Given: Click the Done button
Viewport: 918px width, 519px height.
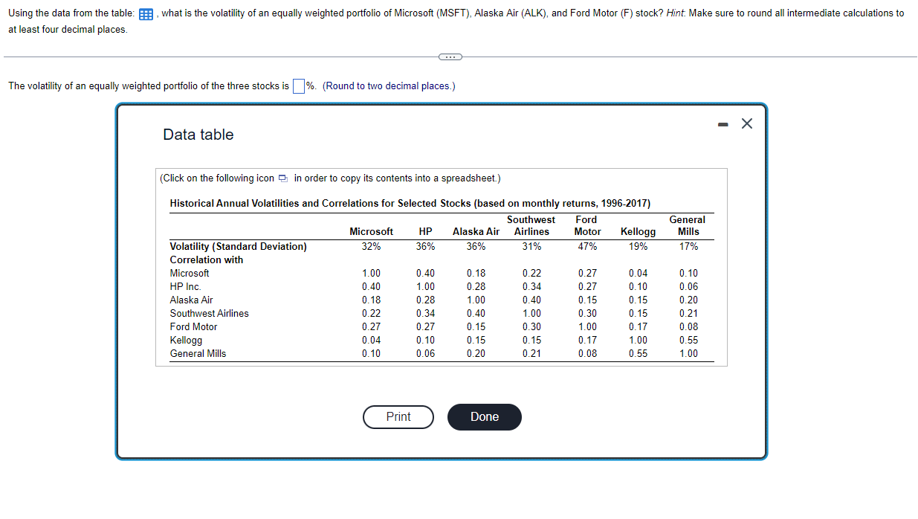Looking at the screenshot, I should pyautogui.click(x=484, y=417).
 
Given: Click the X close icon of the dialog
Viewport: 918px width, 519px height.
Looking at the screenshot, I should pyautogui.click(x=747, y=124).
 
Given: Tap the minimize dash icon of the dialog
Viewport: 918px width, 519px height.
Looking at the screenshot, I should pyautogui.click(x=723, y=124).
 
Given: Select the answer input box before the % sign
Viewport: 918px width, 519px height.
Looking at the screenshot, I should pyautogui.click(x=298, y=86).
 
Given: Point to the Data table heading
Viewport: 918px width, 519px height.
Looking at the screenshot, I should pyautogui.click(x=198, y=135).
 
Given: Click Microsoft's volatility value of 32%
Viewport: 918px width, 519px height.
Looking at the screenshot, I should pyautogui.click(x=371, y=246).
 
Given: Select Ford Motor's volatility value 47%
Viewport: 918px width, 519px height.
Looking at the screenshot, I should pyautogui.click(x=586, y=246).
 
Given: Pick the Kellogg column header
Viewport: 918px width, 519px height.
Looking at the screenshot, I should pyautogui.click(x=638, y=231).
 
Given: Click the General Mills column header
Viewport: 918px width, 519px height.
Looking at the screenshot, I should pyautogui.click(x=688, y=225).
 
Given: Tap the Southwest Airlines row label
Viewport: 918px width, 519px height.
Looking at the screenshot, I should pyautogui.click(x=209, y=313).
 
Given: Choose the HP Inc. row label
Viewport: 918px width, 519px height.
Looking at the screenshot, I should pyautogui.click(x=185, y=286).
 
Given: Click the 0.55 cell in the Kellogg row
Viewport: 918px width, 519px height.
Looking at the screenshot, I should pyautogui.click(x=688, y=340).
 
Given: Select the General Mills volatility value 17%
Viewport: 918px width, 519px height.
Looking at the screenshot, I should pyautogui.click(x=688, y=246).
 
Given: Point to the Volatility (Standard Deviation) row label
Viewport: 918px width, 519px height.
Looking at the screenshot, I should pyautogui.click(x=238, y=246).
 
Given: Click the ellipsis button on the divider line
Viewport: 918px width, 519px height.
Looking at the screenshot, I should pyautogui.click(x=450, y=57).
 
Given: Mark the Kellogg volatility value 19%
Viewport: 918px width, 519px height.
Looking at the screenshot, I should pyautogui.click(x=638, y=246).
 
